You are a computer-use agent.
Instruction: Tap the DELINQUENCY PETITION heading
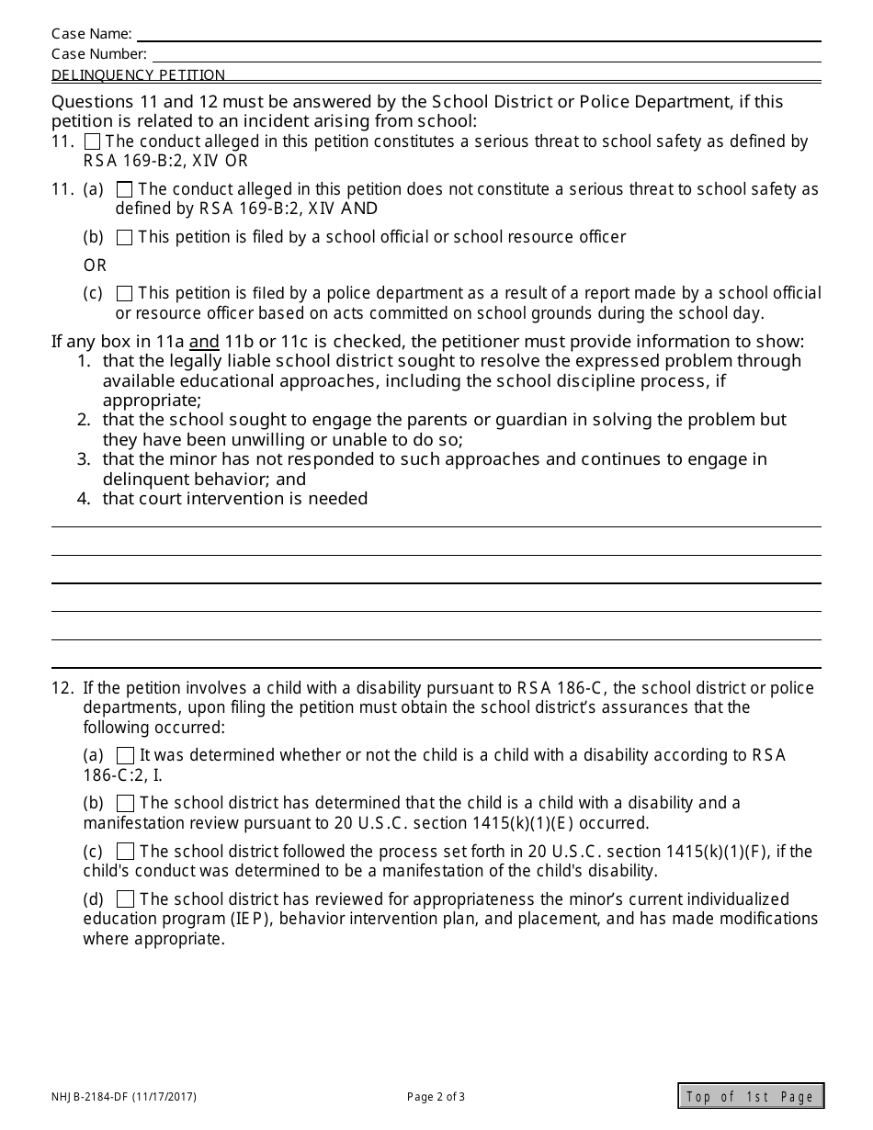pyautogui.click(x=138, y=75)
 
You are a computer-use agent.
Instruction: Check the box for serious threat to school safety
pyautogui.click(x=93, y=141)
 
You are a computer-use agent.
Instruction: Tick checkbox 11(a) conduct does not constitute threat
pyautogui.click(x=125, y=189)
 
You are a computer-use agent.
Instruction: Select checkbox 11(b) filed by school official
pyautogui.click(x=125, y=238)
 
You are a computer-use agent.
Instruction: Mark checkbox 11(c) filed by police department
pyautogui.click(x=125, y=294)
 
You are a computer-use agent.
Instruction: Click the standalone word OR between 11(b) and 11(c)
pyautogui.click(x=96, y=266)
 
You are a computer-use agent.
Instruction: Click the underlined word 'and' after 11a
pyautogui.click(x=204, y=342)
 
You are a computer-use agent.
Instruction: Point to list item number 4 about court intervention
pyautogui.click(x=234, y=499)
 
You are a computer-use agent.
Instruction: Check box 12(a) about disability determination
pyautogui.click(x=126, y=755)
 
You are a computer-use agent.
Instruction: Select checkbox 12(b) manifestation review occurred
pyautogui.click(x=126, y=803)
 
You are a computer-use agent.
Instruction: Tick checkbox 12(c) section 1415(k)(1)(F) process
pyautogui.click(x=126, y=852)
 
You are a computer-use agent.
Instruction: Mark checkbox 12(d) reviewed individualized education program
pyautogui.click(x=126, y=899)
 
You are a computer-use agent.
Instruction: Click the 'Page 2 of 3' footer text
pyautogui.click(x=436, y=1096)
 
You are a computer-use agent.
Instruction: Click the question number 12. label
pyautogui.click(x=62, y=688)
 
